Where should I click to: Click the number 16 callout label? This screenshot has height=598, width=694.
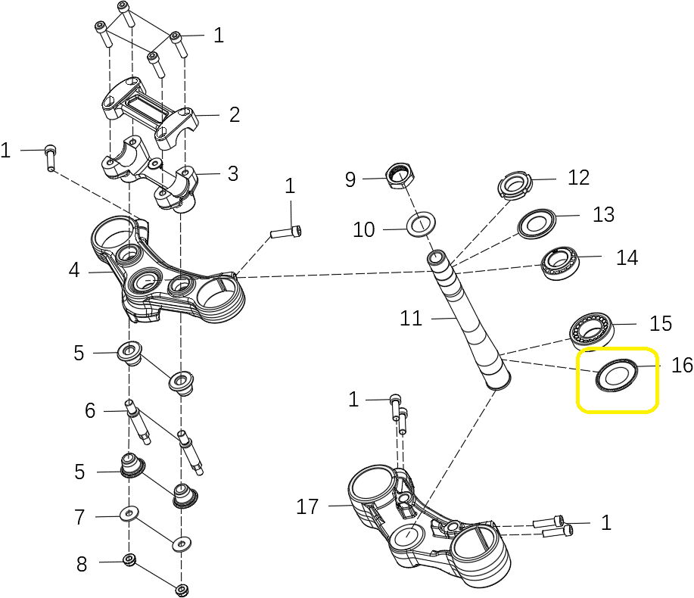coord(682,366)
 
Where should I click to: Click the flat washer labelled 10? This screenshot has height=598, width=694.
coord(424,225)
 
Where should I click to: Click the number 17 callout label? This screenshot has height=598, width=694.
coord(307,506)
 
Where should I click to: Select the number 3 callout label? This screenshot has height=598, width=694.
coord(233,173)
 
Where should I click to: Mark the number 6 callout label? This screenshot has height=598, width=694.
coord(90,410)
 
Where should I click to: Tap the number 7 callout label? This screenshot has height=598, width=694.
coord(79,518)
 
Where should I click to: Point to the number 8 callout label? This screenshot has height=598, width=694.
coord(82,564)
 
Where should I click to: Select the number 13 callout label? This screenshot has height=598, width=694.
coord(603,214)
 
